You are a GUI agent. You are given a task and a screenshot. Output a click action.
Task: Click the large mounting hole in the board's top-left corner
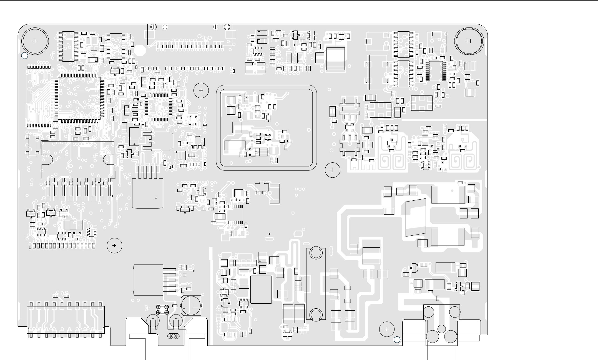click(35, 41)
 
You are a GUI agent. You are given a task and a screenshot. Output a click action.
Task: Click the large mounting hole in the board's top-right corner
click(469, 41)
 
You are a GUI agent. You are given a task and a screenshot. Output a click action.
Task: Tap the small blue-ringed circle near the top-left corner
click(25, 56)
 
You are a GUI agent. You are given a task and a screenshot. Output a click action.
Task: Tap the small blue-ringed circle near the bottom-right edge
click(397, 340)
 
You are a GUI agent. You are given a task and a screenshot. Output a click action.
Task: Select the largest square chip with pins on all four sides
click(79, 98)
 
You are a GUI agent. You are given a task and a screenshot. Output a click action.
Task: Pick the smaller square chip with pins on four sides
click(158, 107)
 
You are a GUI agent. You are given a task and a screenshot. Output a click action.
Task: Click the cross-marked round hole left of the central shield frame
click(201, 90)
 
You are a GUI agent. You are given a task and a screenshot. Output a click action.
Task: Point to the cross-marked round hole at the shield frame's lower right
click(333, 170)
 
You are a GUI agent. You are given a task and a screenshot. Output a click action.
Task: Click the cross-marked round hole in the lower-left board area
click(114, 246)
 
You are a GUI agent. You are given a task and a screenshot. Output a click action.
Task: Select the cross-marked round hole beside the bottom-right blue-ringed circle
click(387, 329)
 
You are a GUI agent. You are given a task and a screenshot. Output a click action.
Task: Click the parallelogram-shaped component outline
click(416, 217)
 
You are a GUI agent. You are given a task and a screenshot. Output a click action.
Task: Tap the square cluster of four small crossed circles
click(162, 310)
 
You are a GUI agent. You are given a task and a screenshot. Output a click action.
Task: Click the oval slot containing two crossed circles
click(174, 336)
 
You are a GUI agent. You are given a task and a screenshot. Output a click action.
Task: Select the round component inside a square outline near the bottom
click(191, 305)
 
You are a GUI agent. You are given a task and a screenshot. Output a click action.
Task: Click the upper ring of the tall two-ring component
click(316, 253)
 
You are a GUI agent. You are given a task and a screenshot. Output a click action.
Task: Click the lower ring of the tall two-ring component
click(316, 314)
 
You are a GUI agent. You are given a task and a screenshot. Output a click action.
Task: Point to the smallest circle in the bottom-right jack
click(441, 329)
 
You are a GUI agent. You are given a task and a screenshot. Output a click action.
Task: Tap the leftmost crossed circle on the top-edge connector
click(154, 27)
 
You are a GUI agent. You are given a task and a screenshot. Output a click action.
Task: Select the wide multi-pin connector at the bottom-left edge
click(66, 322)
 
